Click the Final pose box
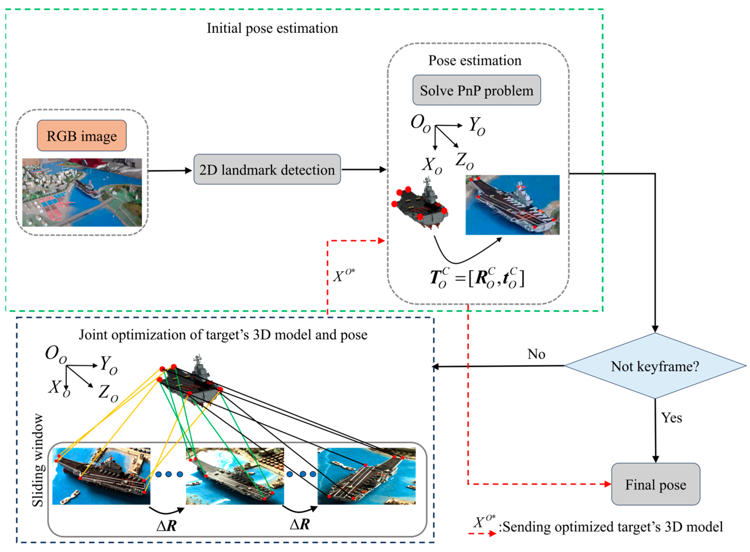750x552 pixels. (655, 484)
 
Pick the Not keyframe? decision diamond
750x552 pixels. (655, 366)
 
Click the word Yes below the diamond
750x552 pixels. (671, 418)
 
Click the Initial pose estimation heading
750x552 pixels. (272, 28)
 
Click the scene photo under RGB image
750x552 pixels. (82, 192)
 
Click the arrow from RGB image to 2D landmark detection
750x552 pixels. (170, 171)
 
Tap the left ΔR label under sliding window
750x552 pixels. (166, 526)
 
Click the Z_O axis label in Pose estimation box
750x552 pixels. (464, 161)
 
